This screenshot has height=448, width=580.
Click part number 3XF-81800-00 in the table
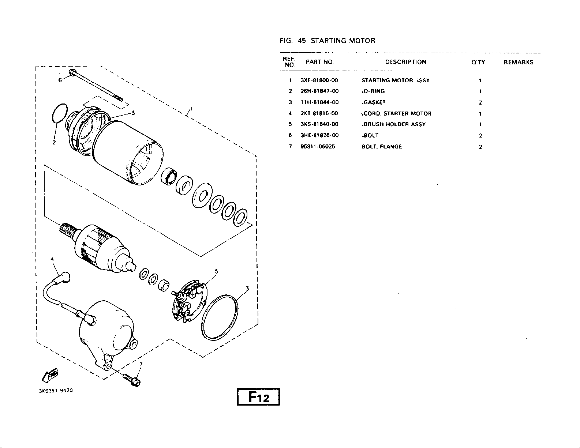point(319,80)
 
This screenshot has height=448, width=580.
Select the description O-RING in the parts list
point(373,91)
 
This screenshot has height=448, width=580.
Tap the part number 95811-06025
point(318,146)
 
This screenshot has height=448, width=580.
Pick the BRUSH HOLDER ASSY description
point(394,124)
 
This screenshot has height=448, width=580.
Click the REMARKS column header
point(519,62)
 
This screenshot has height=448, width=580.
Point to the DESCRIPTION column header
point(406,62)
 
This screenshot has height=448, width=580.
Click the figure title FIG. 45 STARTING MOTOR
point(328,41)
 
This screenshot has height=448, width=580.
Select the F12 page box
point(258,397)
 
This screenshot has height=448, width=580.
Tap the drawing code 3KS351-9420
point(56,391)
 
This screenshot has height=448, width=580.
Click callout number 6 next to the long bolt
point(60,80)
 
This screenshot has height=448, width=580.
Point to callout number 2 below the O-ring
point(54,142)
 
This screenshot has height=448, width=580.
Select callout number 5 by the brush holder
point(217,271)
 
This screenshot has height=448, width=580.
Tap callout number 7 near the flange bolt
point(141,364)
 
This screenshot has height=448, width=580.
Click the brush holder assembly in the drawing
point(190,301)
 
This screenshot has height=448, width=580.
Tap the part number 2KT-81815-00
point(319,113)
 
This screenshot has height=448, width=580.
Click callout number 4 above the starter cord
point(52,259)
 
